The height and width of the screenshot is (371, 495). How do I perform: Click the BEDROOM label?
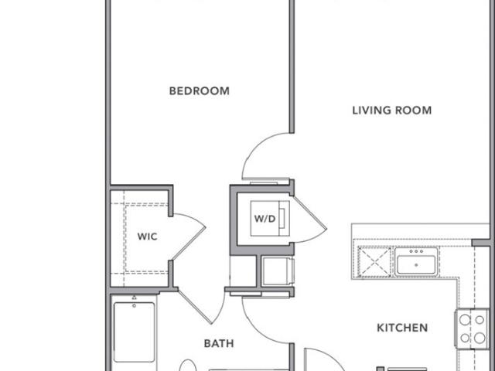[x=200, y=91]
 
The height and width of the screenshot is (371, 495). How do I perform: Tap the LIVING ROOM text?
[x=392, y=110]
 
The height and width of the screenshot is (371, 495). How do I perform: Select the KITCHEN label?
[x=402, y=328]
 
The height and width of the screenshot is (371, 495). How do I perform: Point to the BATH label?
[x=219, y=343]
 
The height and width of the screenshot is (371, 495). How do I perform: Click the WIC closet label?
[x=148, y=237]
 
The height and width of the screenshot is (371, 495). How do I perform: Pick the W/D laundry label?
[x=265, y=219]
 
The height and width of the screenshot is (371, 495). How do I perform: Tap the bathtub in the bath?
[x=134, y=332]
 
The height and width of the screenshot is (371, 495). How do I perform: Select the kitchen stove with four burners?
[x=472, y=329]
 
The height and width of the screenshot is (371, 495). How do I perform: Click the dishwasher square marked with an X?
[x=374, y=261]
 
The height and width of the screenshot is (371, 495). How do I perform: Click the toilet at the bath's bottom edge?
[x=188, y=366]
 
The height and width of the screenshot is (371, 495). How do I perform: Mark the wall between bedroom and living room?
[x=292, y=66]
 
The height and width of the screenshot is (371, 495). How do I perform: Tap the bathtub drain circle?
[x=134, y=305]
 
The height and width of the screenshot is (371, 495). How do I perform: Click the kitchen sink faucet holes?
[x=416, y=251]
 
